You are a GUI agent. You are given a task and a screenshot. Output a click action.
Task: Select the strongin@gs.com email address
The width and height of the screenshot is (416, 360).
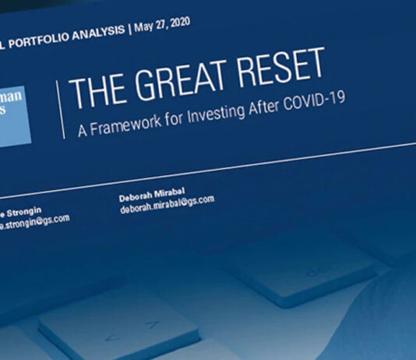click(x=34, y=221)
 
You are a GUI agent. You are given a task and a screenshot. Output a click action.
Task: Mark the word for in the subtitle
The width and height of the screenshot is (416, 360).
click(x=171, y=115)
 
